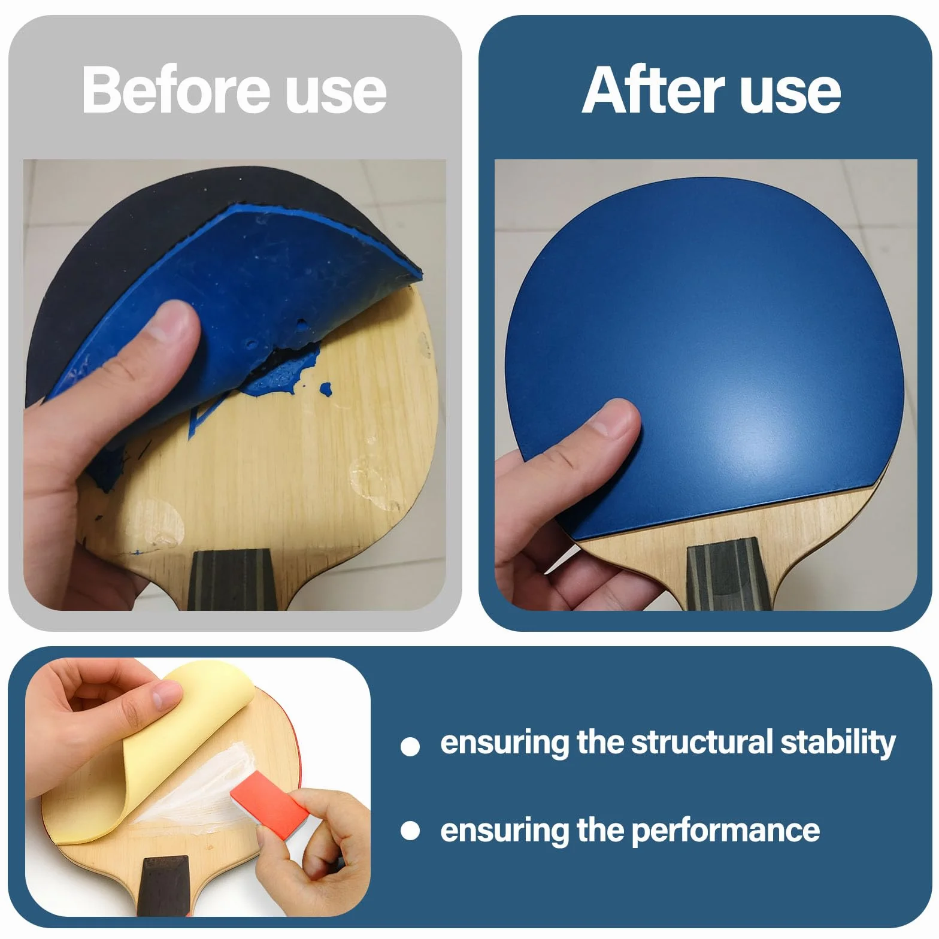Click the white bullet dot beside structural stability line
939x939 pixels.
[410, 746]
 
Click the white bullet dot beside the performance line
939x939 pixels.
[410, 831]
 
